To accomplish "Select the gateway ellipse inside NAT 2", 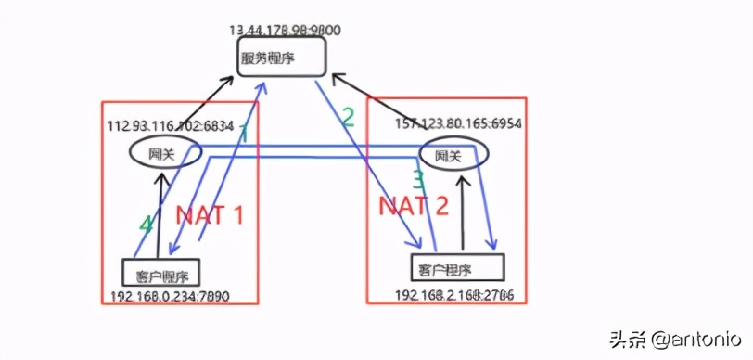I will [452, 156].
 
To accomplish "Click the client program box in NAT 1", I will [161, 273].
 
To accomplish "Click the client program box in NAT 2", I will [456, 268].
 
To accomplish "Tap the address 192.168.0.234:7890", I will [169, 297].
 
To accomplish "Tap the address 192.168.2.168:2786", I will [454, 294].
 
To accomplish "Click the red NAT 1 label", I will [210, 216].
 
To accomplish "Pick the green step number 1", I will [243, 135].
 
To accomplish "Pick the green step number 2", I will [348, 117].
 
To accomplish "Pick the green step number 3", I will [418, 178].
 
